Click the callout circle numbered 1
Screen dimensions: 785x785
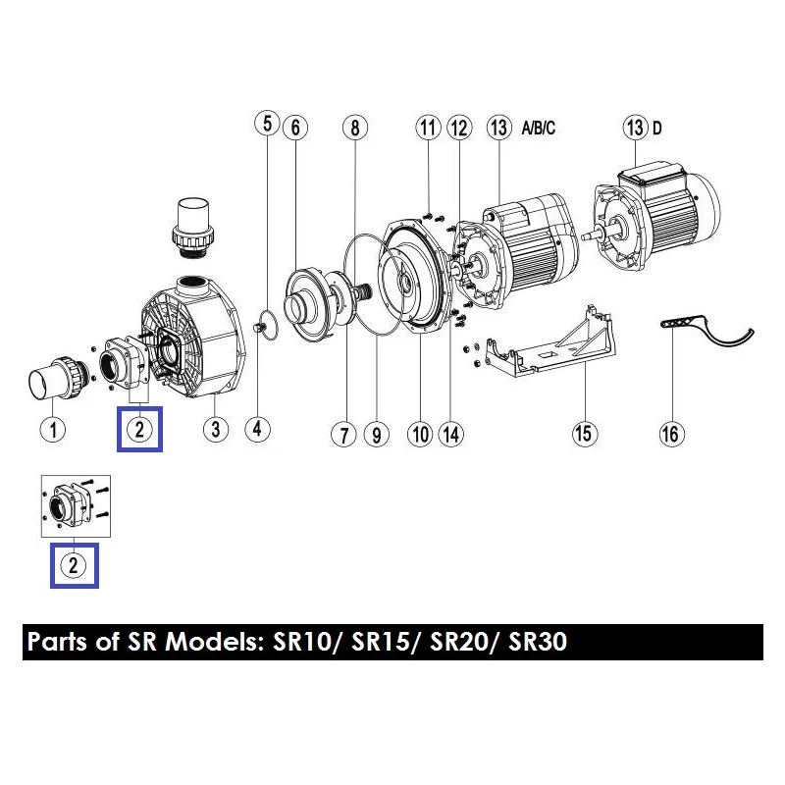53,430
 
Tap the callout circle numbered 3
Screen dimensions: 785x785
216,429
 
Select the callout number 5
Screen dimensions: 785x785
267,123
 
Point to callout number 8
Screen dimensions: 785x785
355,128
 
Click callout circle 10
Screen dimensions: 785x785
420,435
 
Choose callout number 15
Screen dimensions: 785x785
584,434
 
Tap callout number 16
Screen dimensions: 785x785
671,434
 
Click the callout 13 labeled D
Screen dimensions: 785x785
635,128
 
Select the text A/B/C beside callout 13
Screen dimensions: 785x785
538,129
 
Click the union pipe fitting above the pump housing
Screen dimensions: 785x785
192,228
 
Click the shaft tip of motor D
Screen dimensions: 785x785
586,235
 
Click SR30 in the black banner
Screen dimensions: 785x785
538,642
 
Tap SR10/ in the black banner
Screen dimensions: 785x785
303,642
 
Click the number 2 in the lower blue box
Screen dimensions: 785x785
74,565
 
